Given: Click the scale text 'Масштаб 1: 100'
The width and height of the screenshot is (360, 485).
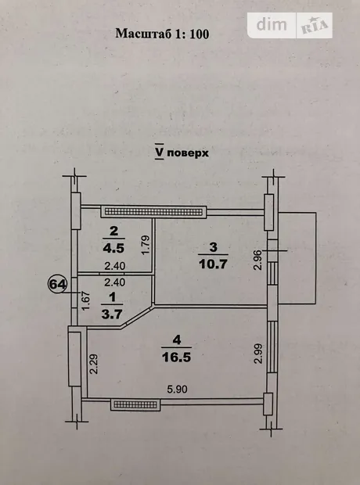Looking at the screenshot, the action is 162,34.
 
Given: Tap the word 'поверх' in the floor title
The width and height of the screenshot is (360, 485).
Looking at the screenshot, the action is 188,153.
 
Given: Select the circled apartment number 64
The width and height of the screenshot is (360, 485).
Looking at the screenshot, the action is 58,284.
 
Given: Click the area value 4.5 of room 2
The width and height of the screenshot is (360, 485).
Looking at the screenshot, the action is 113,248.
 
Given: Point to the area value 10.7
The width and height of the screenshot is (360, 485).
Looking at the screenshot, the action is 214,264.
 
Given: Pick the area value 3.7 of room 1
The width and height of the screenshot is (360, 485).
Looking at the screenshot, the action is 112,314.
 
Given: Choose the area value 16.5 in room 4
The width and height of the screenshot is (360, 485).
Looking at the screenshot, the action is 176,357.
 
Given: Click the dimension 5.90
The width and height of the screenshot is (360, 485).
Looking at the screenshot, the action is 177,389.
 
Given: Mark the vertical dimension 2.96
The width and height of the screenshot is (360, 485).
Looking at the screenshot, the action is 257,260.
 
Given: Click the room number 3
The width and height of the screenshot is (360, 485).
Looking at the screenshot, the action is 214,247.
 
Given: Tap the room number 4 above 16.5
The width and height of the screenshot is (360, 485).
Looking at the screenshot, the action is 177,340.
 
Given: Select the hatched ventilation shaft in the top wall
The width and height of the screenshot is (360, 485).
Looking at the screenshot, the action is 154,212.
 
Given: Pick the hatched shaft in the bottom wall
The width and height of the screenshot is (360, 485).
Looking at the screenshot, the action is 135,404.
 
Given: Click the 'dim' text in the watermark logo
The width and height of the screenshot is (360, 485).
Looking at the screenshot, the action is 272,25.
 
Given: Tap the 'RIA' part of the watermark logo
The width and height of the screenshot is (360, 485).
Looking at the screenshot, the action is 314,26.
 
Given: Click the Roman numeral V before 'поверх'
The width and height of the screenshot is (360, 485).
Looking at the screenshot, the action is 160,152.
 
